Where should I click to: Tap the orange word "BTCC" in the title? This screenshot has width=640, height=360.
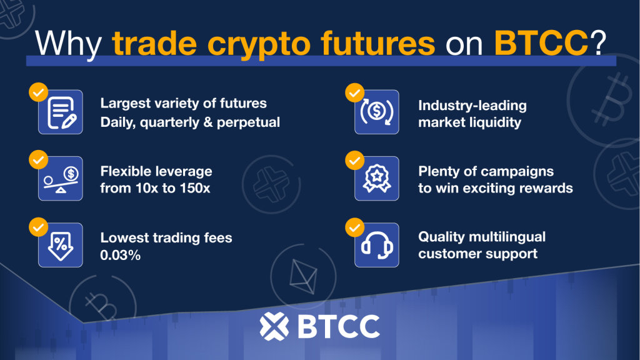tap(541, 42)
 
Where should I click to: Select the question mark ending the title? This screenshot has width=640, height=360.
tap(598, 42)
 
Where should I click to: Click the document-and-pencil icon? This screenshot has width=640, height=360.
tap(61, 112)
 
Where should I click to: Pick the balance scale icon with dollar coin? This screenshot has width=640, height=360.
tap(61, 178)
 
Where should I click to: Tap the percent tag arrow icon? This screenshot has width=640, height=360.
tap(61, 245)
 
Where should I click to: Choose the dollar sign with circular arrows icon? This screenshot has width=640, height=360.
tap(377, 112)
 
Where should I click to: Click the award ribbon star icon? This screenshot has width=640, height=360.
tap(377, 178)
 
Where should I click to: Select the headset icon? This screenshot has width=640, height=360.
tap(377, 245)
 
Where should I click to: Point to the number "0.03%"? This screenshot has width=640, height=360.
tap(121, 255)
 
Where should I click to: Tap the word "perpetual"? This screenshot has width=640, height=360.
tap(248, 122)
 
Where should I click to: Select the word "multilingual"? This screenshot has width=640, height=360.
tap(507, 237)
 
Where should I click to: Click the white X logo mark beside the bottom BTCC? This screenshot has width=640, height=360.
tap(274, 326)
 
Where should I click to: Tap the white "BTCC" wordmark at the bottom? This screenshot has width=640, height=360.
tap(339, 326)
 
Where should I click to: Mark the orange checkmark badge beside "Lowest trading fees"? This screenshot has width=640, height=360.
tap(38, 227)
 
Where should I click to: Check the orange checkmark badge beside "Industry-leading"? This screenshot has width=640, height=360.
tap(355, 94)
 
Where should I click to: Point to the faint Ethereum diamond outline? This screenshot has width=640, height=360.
tap(303, 276)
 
